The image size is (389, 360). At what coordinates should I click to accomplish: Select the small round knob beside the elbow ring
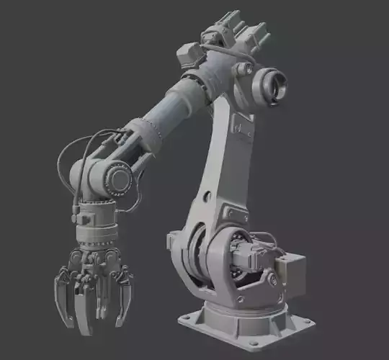[246, 70]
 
